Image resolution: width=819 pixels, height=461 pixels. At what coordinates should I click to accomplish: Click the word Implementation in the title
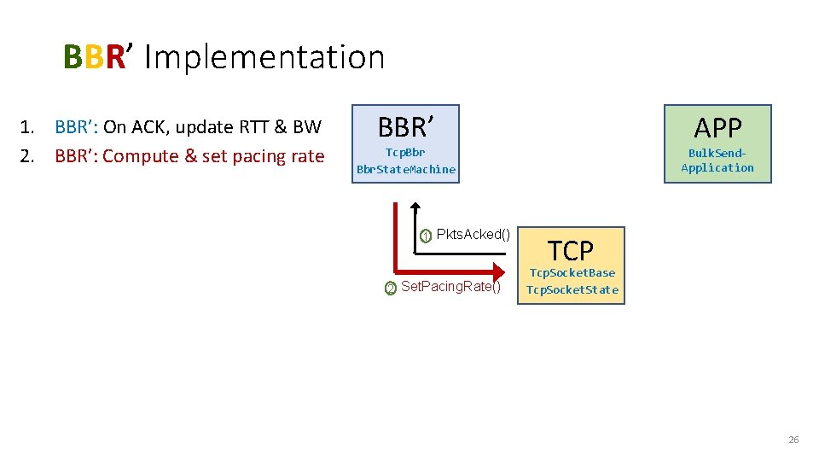265,57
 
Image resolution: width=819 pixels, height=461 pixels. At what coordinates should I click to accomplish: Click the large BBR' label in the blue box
406,127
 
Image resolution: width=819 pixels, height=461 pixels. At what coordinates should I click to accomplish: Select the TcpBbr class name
405,153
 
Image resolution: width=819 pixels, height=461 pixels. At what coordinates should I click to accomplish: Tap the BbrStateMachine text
406,169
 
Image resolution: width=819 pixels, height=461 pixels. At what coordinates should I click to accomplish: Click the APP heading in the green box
717,127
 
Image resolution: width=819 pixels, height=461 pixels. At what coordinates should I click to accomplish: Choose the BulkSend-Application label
717,160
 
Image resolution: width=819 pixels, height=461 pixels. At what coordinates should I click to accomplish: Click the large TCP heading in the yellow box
570,251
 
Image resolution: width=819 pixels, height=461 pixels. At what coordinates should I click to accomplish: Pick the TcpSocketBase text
572,273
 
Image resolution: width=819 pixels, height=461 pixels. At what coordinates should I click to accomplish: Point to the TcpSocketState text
572,289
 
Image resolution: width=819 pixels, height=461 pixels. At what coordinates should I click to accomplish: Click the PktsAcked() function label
473,235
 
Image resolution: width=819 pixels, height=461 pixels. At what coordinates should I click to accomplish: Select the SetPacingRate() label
450,286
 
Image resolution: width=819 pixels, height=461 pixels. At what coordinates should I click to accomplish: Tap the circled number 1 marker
426,236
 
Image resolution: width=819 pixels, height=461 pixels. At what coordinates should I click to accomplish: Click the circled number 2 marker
390,289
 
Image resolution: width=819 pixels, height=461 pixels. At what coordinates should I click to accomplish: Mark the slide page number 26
793,440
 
